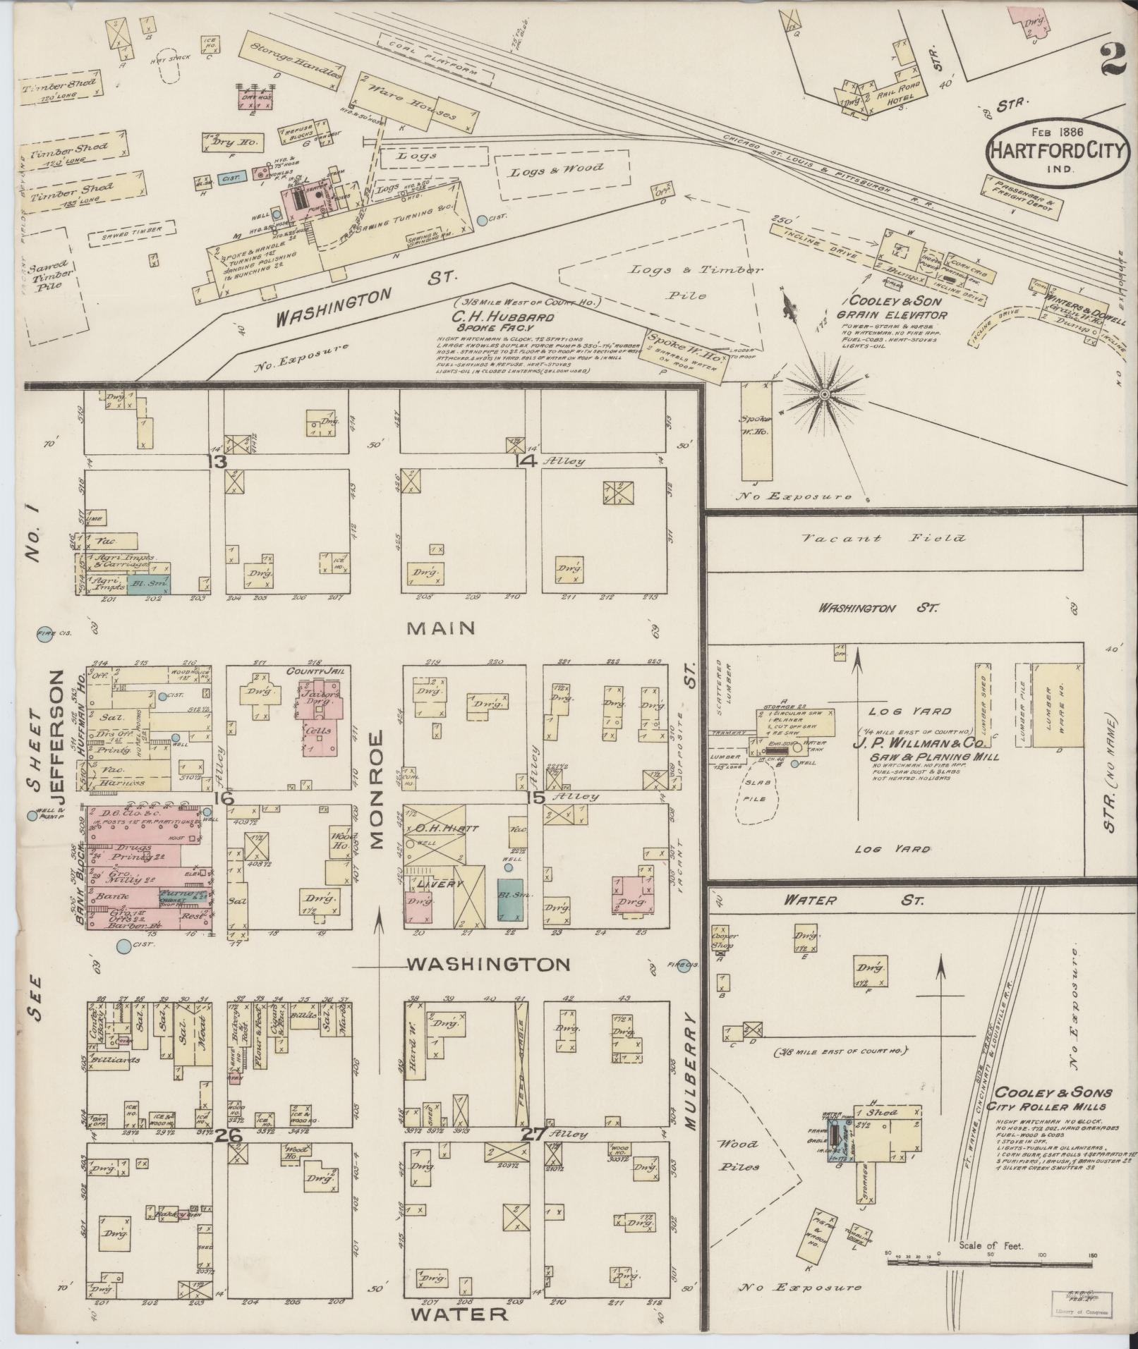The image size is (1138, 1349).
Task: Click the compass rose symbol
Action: click(823, 393)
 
